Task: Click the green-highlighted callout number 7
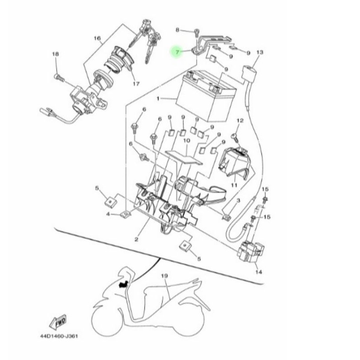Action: (177, 52)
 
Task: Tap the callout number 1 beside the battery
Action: (158, 99)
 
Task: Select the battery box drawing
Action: (208, 96)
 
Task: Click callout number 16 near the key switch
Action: (97, 38)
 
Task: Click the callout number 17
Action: (136, 84)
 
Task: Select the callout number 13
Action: (260, 52)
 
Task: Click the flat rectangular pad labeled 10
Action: (184, 157)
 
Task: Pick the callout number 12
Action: (240, 121)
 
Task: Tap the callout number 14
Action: (258, 272)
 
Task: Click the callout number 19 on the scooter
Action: (165, 276)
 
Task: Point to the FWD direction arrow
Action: (58, 321)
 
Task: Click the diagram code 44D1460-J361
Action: (59, 336)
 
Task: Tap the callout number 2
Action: (136, 239)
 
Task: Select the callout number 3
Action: (238, 201)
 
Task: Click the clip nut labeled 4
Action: (126, 214)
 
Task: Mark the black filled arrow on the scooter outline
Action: (123, 284)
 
